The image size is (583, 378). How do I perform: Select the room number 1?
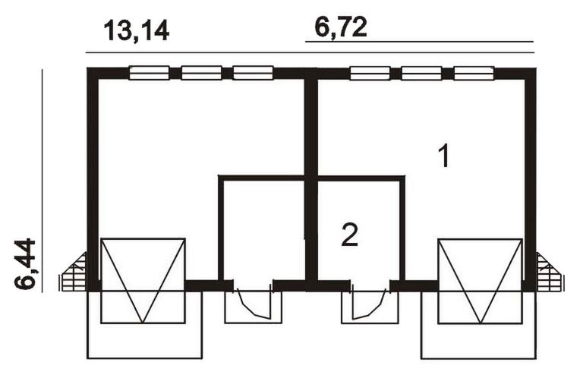(x=444, y=157)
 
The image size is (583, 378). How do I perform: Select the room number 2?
(x=349, y=235)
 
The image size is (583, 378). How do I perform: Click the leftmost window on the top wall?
(x=149, y=73)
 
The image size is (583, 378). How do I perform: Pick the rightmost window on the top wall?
(x=474, y=73)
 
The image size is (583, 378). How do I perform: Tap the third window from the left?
(x=253, y=73)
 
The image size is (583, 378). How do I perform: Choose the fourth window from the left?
(x=370, y=73)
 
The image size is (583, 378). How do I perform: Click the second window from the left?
(x=201, y=73)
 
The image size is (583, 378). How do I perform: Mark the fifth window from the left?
(x=421, y=73)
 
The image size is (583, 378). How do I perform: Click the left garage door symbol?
(x=143, y=280)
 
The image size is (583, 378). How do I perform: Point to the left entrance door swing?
(x=253, y=304)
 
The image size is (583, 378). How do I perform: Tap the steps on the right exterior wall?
(x=549, y=273)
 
